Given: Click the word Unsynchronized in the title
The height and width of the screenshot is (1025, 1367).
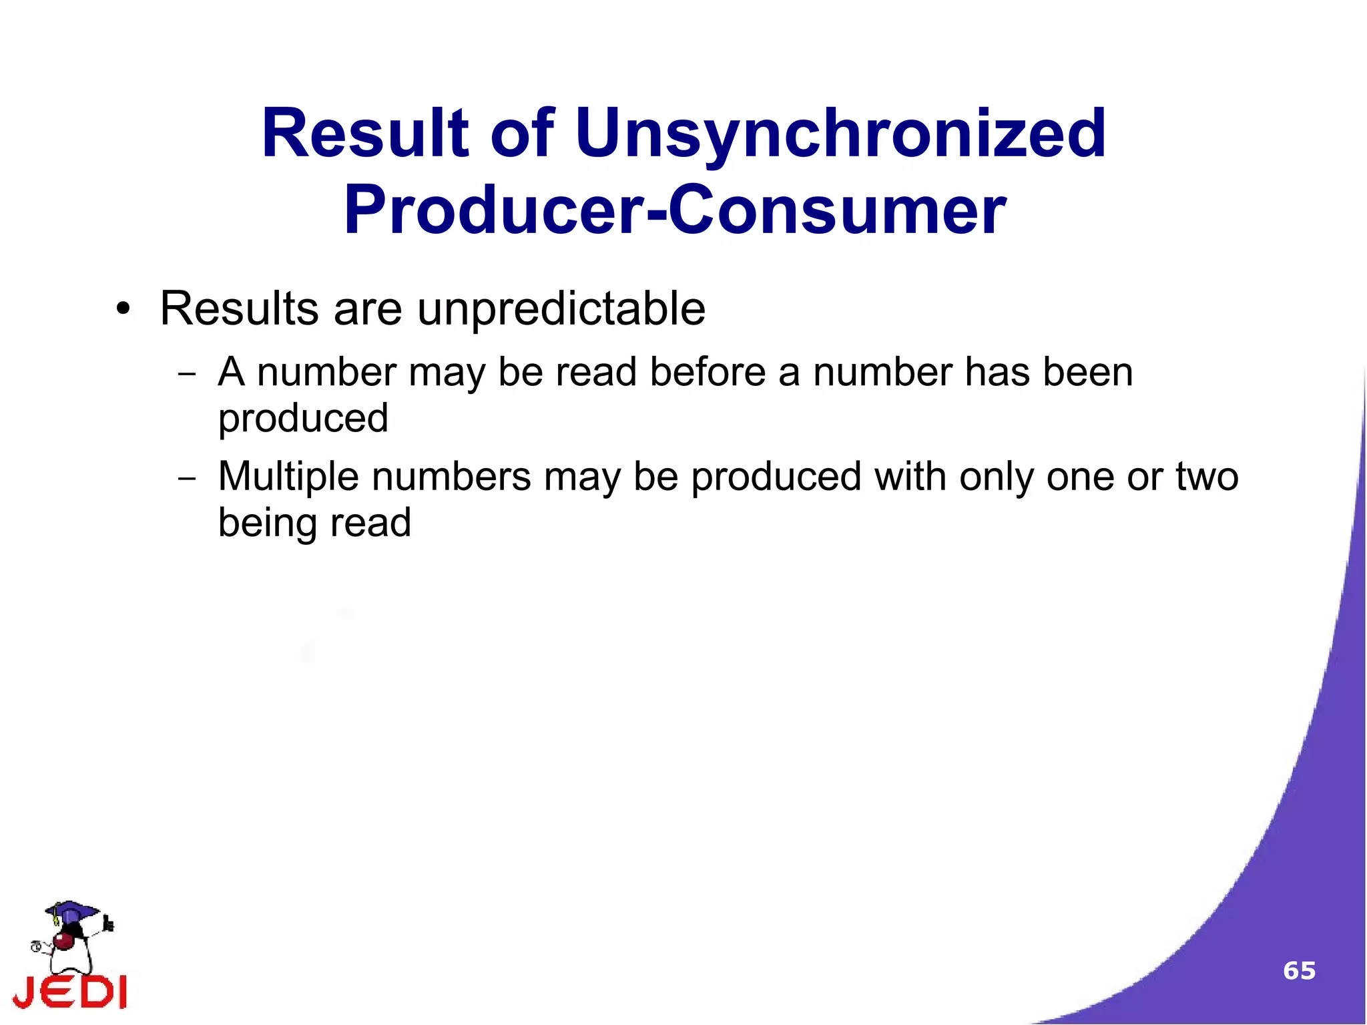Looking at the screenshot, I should pyautogui.click(x=840, y=134).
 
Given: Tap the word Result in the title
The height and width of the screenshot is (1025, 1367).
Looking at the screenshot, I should pyautogui.click(x=364, y=134).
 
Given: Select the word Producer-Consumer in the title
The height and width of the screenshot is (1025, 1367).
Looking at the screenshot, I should pyautogui.click(x=674, y=210).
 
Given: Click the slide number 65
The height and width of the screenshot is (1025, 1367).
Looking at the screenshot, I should pyautogui.click(x=1299, y=970).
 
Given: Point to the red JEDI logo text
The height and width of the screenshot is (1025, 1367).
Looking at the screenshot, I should pyautogui.click(x=70, y=991).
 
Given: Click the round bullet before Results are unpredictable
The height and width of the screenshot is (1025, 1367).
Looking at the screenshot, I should pyautogui.click(x=122, y=309).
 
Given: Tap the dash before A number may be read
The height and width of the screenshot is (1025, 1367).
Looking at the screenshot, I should pyautogui.click(x=187, y=374).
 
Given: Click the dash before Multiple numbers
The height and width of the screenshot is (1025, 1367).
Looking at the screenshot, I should pyautogui.click(x=187, y=479).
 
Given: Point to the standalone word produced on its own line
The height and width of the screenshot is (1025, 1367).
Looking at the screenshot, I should pyautogui.click(x=303, y=419).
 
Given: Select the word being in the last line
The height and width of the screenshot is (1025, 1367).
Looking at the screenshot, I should pyautogui.click(x=266, y=523).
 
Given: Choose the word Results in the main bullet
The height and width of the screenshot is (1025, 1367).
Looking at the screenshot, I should pyautogui.click(x=239, y=309).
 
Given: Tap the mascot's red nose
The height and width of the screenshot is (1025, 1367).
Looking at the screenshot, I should pyautogui.click(x=64, y=942).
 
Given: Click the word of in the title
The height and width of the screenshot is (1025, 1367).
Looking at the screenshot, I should pyautogui.click(x=521, y=134).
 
